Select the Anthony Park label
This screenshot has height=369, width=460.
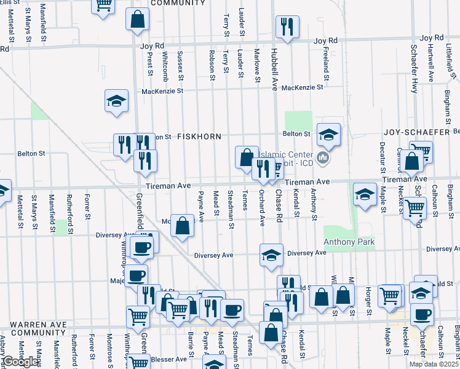pos(349,242)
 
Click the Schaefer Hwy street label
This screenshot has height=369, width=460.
pos(414,63)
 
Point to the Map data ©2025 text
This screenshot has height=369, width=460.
pos(434,364)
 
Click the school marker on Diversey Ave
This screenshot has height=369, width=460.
pos(271,255)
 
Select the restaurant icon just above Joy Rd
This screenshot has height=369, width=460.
pos(287,26)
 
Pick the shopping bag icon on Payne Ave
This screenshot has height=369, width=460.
pos(183,226)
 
